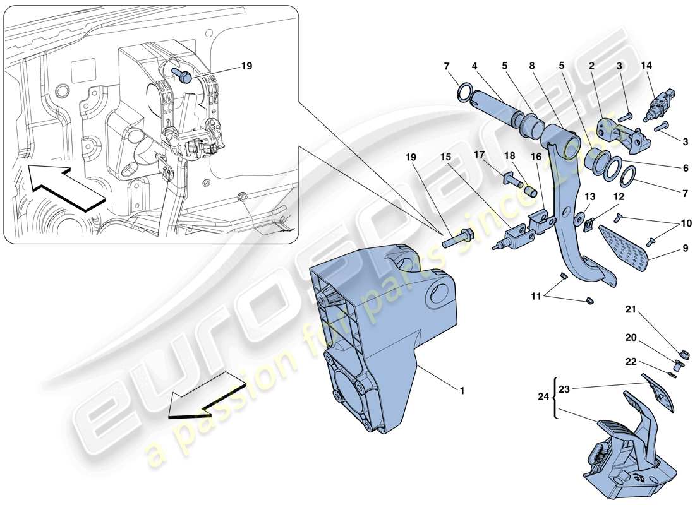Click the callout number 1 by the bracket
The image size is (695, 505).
[x=462, y=391]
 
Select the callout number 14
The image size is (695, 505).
[x=646, y=66]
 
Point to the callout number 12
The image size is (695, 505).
[x=619, y=197]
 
